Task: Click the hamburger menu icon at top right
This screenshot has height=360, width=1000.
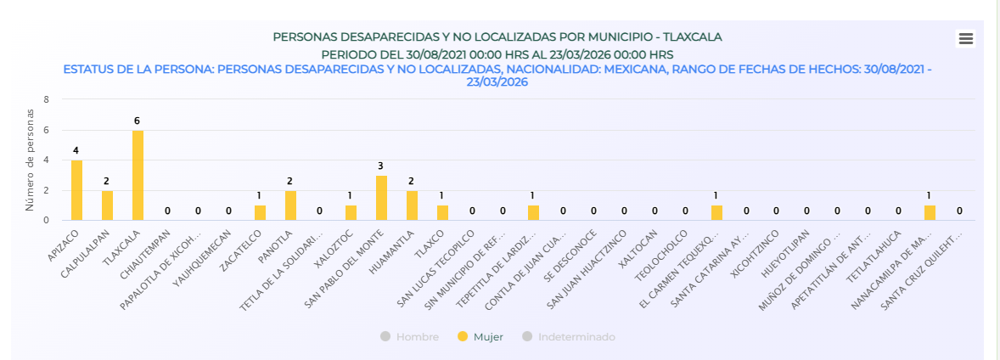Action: tap(965, 38)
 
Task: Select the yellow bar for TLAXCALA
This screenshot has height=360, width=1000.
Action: tap(138, 176)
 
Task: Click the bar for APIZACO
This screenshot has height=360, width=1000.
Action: tap(76, 190)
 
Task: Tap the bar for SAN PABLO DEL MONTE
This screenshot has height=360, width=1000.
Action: tap(381, 198)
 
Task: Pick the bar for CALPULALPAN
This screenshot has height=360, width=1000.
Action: tap(107, 205)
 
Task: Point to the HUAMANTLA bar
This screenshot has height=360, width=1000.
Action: tap(412, 205)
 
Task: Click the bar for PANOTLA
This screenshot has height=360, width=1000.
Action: tap(290, 205)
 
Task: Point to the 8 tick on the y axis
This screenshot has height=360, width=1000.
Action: tap(46, 99)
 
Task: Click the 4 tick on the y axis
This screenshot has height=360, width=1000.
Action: tap(46, 160)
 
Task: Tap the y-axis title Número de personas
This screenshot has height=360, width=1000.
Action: tap(29, 160)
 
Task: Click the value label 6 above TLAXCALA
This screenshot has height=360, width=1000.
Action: tap(138, 121)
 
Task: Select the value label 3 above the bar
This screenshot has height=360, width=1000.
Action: tap(381, 166)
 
